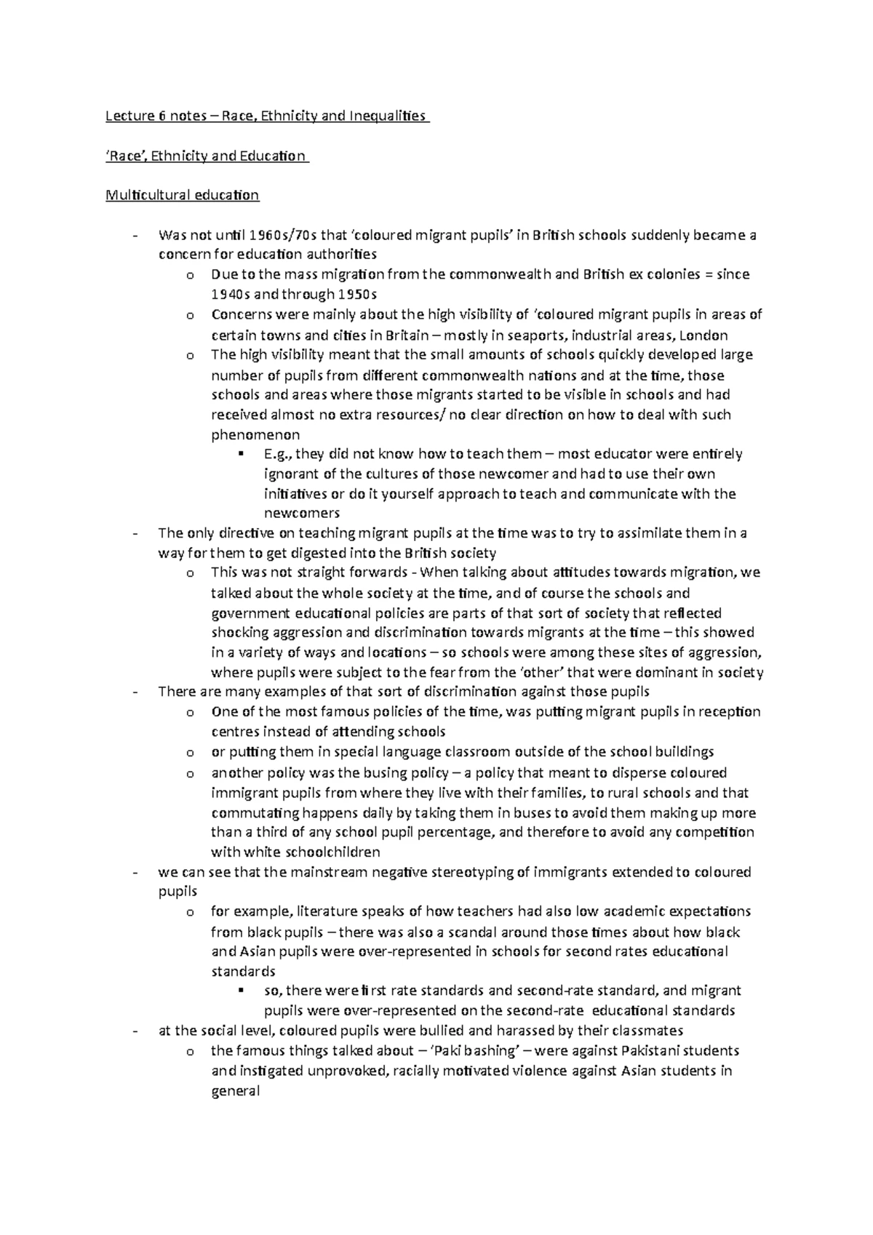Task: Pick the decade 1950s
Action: pos(356,295)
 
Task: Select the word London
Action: pos(703,335)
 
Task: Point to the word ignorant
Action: pos(288,474)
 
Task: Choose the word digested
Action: pos(320,553)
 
